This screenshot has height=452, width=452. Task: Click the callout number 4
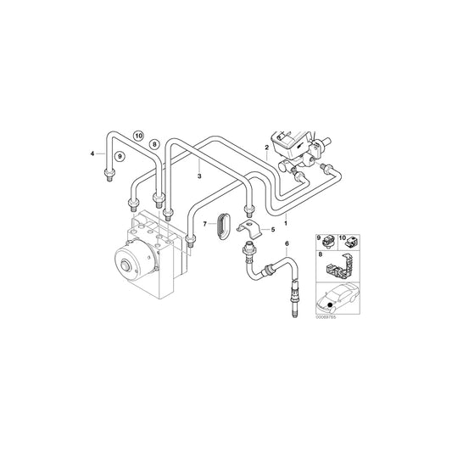[92, 153]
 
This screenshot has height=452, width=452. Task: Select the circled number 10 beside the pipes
[138, 134]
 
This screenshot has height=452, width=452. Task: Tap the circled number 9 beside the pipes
[120, 156]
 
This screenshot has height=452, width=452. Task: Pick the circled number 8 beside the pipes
[154, 145]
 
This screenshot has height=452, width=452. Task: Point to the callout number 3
[199, 176]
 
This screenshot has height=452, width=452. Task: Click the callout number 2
[267, 148]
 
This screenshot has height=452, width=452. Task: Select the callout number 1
[286, 222]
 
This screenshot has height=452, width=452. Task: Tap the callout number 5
[272, 229]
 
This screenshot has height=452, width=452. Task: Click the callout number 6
[287, 245]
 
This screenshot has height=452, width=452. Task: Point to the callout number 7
[204, 224]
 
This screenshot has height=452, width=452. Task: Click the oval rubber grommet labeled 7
[222, 226]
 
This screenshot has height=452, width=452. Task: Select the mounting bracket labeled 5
[250, 229]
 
